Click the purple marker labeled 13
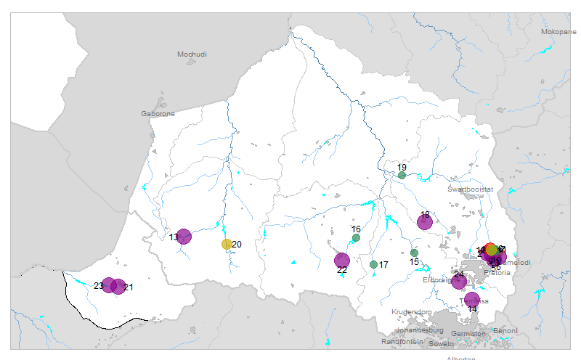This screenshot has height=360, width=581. [x=184, y=237]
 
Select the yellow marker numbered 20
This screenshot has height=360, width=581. [x=227, y=245]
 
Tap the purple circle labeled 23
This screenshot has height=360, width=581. [x=109, y=285]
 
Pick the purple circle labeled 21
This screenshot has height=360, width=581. [x=118, y=287]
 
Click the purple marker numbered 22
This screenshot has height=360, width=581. [x=342, y=260]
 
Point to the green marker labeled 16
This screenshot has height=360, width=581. [x=356, y=237]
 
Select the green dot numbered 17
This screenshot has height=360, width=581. [x=373, y=265]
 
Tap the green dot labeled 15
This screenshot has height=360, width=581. [x=414, y=253]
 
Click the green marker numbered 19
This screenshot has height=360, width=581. [x=402, y=176]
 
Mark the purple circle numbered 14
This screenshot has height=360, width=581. [x=472, y=298]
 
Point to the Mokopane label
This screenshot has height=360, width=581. [x=559, y=32]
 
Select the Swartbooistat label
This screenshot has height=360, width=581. [x=470, y=189]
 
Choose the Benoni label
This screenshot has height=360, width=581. [x=505, y=331]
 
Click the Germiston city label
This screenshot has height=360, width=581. [x=468, y=334]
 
